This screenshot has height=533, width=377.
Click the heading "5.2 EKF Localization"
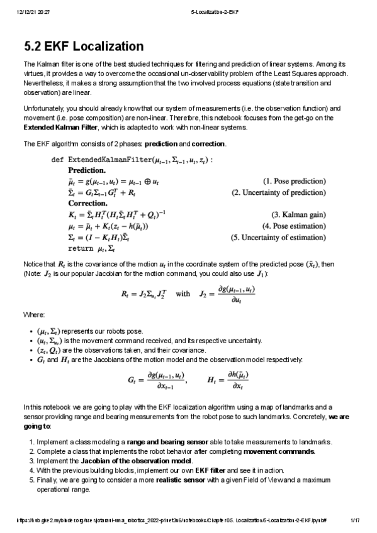(84, 47)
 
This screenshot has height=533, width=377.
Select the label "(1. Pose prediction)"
(294, 181)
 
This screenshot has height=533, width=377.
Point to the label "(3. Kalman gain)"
(298, 214)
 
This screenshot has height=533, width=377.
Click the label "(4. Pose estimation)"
(294, 225)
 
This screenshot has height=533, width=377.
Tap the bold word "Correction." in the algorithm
(87, 203)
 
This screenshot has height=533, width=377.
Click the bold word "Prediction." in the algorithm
(87, 170)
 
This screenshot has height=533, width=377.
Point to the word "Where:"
(34, 314)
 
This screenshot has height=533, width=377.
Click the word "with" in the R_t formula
(183, 293)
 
